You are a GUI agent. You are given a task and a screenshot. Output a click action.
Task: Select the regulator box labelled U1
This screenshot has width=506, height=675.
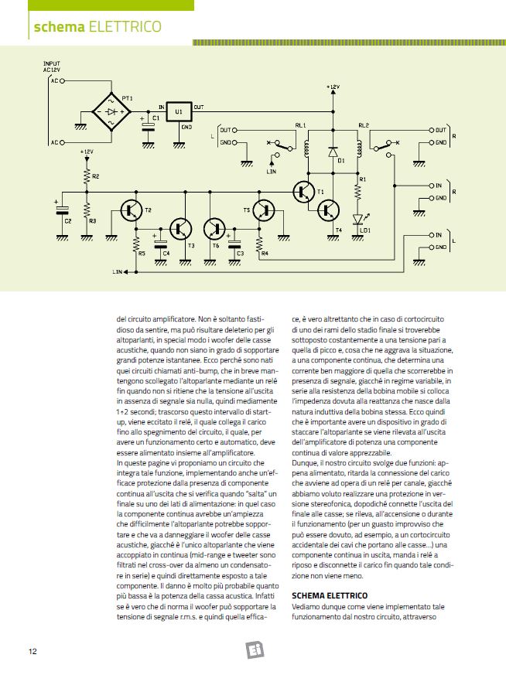tap(179, 111)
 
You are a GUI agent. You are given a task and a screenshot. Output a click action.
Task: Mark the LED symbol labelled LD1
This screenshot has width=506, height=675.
tap(357, 219)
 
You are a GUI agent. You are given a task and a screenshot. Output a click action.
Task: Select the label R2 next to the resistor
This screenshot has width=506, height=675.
tap(94, 177)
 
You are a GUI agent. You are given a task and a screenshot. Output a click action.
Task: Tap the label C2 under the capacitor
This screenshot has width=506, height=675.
tap(67, 221)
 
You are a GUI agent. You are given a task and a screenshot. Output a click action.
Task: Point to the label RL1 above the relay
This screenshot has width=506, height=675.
tap(301, 124)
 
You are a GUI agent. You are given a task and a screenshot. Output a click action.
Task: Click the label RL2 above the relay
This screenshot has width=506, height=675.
tap(364, 124)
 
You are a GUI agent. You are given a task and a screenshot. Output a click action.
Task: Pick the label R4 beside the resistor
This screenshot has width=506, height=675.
tap(265, 253)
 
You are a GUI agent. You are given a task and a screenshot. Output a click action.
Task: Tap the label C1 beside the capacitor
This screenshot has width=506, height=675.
tap(156, 118)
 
